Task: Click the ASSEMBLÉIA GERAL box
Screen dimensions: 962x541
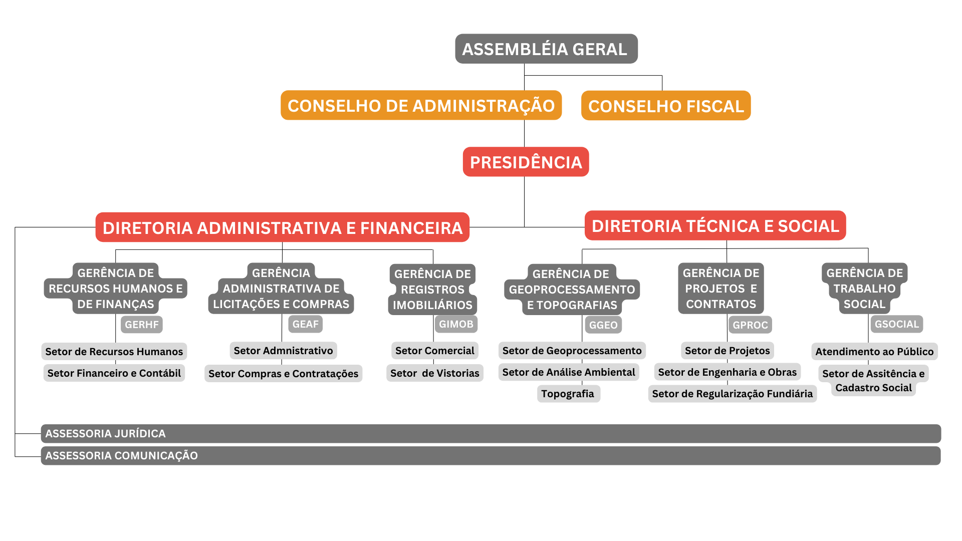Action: click(546, 49)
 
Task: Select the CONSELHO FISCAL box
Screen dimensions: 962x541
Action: click(666, 105)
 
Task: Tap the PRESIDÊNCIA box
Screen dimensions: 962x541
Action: click(526, 162)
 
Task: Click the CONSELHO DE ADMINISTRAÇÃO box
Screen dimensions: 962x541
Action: click(421, 105)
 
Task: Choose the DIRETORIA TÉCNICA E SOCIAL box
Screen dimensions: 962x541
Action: click(715, 225)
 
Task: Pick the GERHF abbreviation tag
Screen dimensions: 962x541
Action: click(142, 325)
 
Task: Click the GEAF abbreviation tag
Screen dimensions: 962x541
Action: click(305, 324)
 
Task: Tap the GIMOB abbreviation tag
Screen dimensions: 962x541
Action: click(456, 324)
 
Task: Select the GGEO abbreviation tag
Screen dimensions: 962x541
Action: click(603, 325)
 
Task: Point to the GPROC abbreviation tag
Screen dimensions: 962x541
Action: click(750, 325)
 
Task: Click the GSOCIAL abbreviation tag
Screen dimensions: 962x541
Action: click(896, 324)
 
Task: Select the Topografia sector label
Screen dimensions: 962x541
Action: click(568, 394)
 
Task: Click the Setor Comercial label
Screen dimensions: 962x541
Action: click(435, 351)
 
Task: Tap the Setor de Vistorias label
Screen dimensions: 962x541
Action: click(435, 373)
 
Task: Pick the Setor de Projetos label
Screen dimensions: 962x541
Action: click(728, 351)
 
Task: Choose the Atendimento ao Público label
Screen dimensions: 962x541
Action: click(874, 352)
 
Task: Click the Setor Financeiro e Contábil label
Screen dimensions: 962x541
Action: click(114, 373)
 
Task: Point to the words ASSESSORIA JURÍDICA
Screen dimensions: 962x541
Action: click(105, 434)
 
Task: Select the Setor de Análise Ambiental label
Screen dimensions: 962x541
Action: click(569, 372)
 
